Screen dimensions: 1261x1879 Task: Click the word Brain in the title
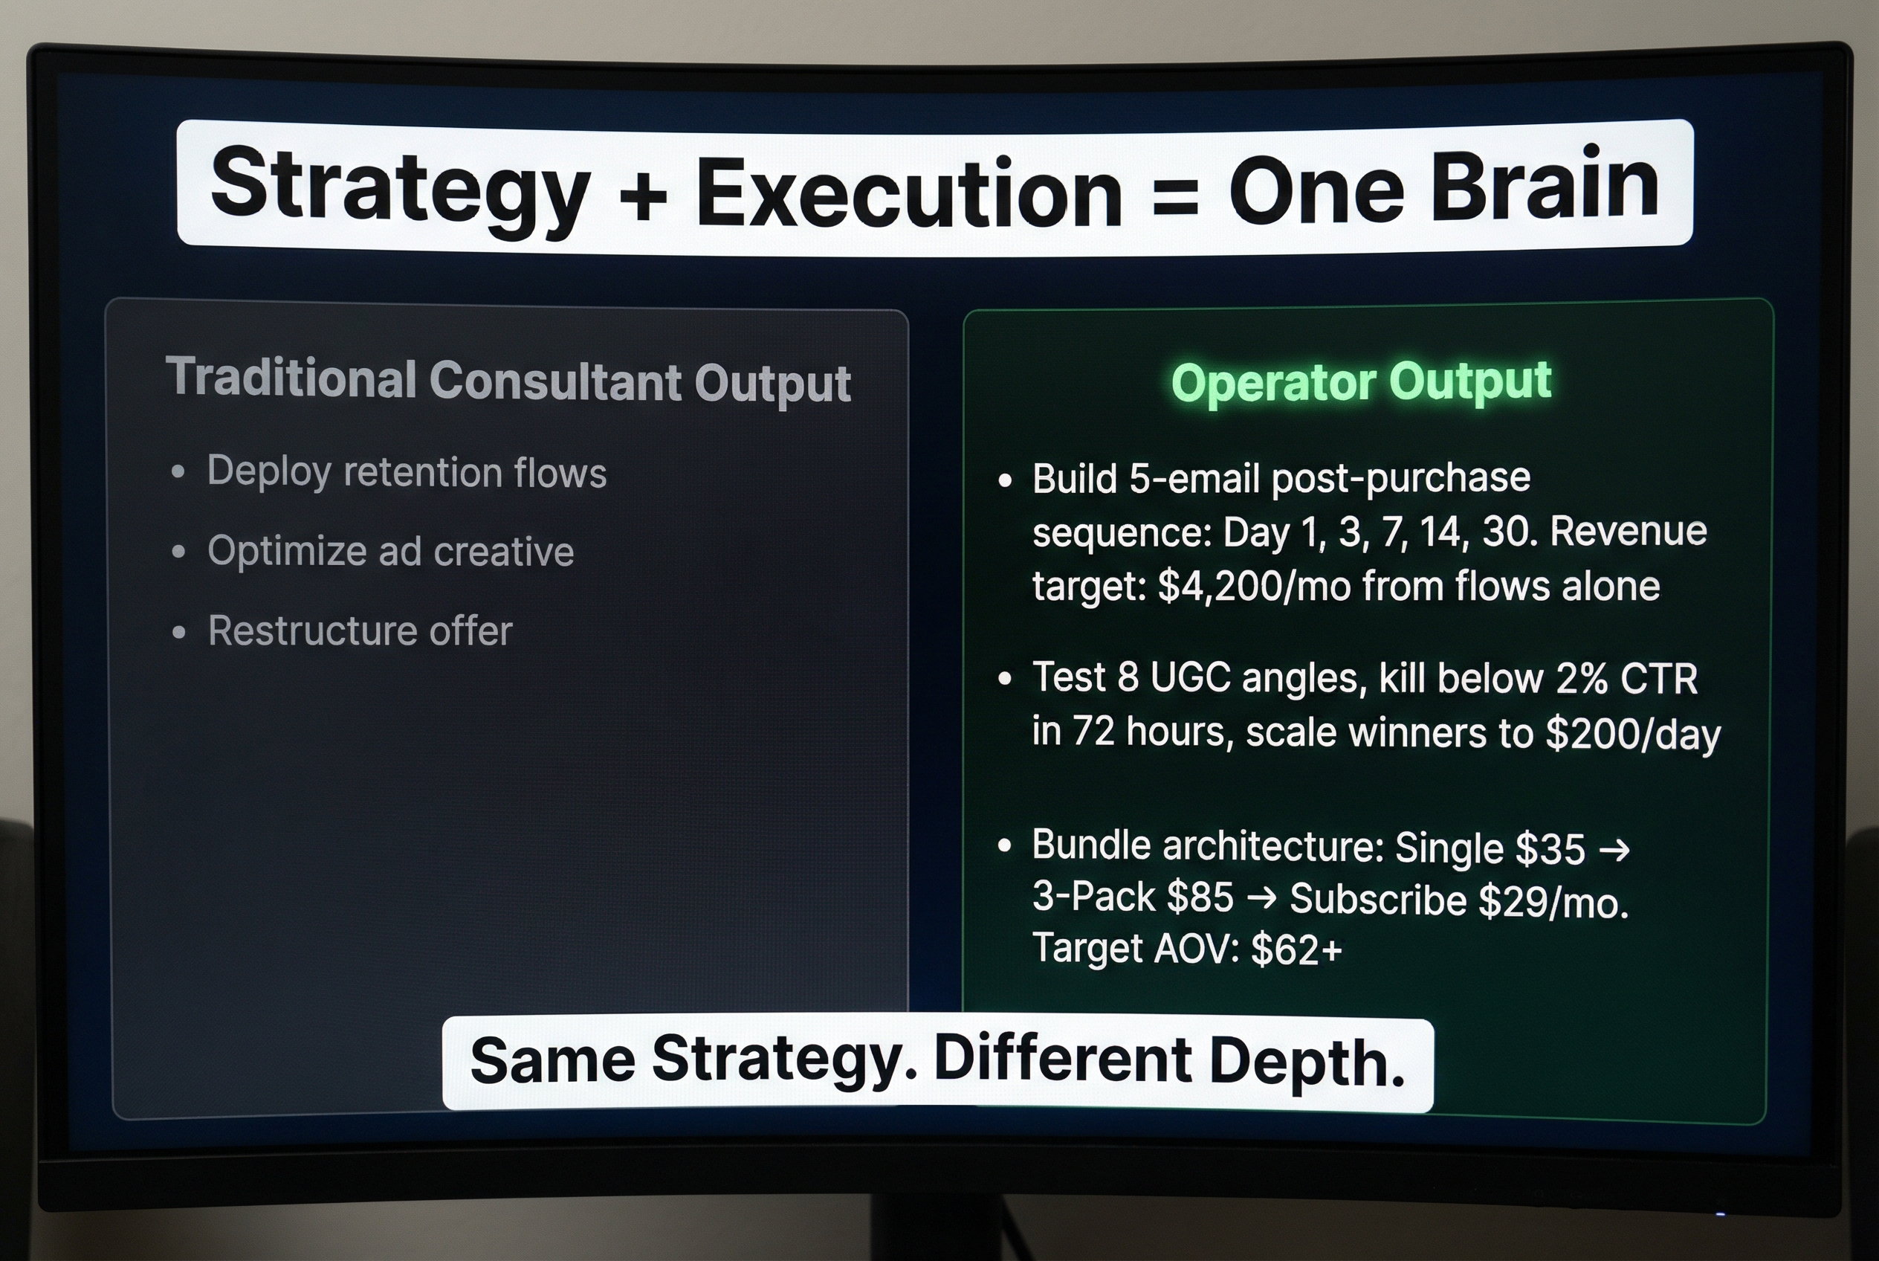[x=1545, y=187]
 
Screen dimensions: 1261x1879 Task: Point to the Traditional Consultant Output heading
[x=508, y=381]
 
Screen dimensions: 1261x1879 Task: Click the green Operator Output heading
[x=1360, y=381]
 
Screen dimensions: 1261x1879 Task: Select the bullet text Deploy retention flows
[x=406, y=472]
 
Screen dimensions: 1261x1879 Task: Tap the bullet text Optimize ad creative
[x=390, y=552]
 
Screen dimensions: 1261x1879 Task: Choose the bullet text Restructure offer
[x=360, y=631]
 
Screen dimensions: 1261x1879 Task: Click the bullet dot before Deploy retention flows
[x=178, y=472]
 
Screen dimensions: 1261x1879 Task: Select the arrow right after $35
[x=1614, y=849]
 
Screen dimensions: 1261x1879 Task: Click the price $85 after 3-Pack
[x=1200, y=897]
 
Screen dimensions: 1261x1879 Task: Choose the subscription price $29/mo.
[x=1553, y=903]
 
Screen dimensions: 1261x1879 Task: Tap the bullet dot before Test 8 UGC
[x=1004, y=680]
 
